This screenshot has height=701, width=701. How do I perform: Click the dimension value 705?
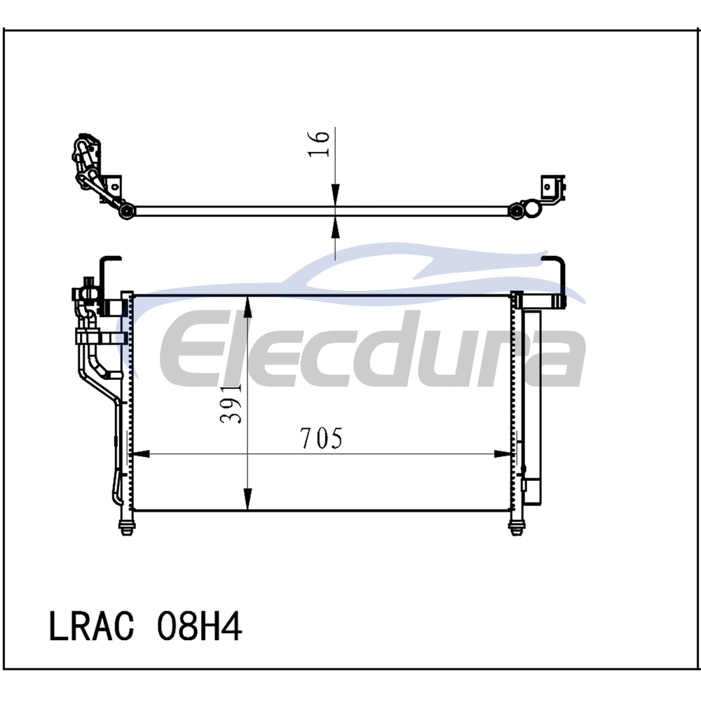coord(321,438)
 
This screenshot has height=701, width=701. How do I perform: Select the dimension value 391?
coord(231,403)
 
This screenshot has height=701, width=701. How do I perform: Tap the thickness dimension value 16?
coord(318,143)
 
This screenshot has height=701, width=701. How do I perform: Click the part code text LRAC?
coord(91,626)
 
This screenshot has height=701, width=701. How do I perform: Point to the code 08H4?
coord(199,626)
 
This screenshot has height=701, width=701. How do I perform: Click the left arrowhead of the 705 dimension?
coord(140,454)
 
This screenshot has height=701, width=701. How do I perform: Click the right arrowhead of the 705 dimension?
coord(503,454)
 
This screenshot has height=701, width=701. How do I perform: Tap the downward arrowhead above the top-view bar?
coord(335,197)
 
